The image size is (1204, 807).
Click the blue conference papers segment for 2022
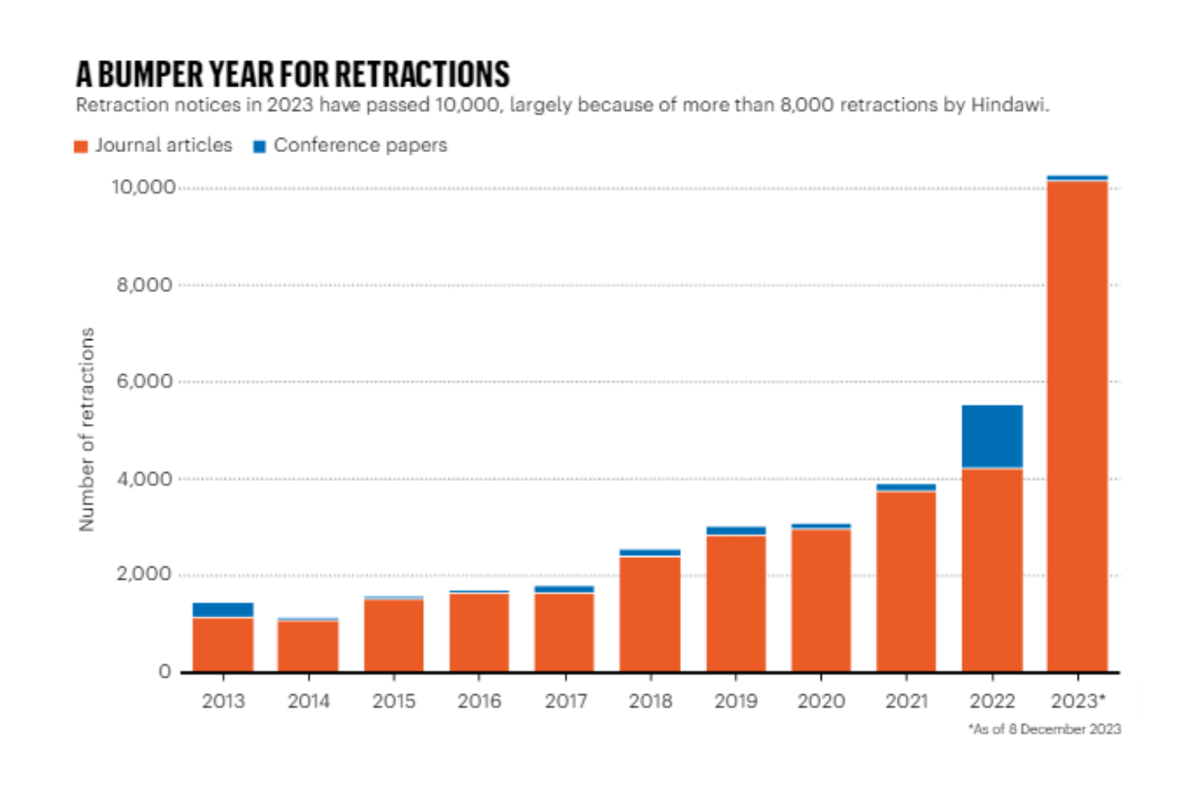(x=993, y=437)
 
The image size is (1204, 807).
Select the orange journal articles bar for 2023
(x=1077, y=426)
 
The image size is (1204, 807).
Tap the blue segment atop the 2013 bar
(x=223, y=611)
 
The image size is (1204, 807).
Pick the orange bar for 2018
(x=650, y=614)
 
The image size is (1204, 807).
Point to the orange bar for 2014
(x=308, y=647)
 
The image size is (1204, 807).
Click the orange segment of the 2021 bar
(x=906, y=582)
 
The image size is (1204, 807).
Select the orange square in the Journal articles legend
(x=81, y=146)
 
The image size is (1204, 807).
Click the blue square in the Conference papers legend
(x=260, y=146)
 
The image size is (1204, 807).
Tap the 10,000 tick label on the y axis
(x=143, y=187)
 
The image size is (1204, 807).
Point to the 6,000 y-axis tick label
(x=144, y=381)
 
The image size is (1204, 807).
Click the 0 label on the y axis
(x=165, y=671)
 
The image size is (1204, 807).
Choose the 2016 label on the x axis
(x=479, y=701)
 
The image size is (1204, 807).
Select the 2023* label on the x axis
(x=1078, y=701)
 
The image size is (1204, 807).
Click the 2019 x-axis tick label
(x=736, y=701)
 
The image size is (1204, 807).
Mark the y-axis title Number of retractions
(x=87, y=430)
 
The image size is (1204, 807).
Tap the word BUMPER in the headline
(x=150, y=74)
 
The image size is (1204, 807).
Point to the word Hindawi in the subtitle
(x=1010, y=105)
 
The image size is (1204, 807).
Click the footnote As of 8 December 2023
(x=1045, y=729)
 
